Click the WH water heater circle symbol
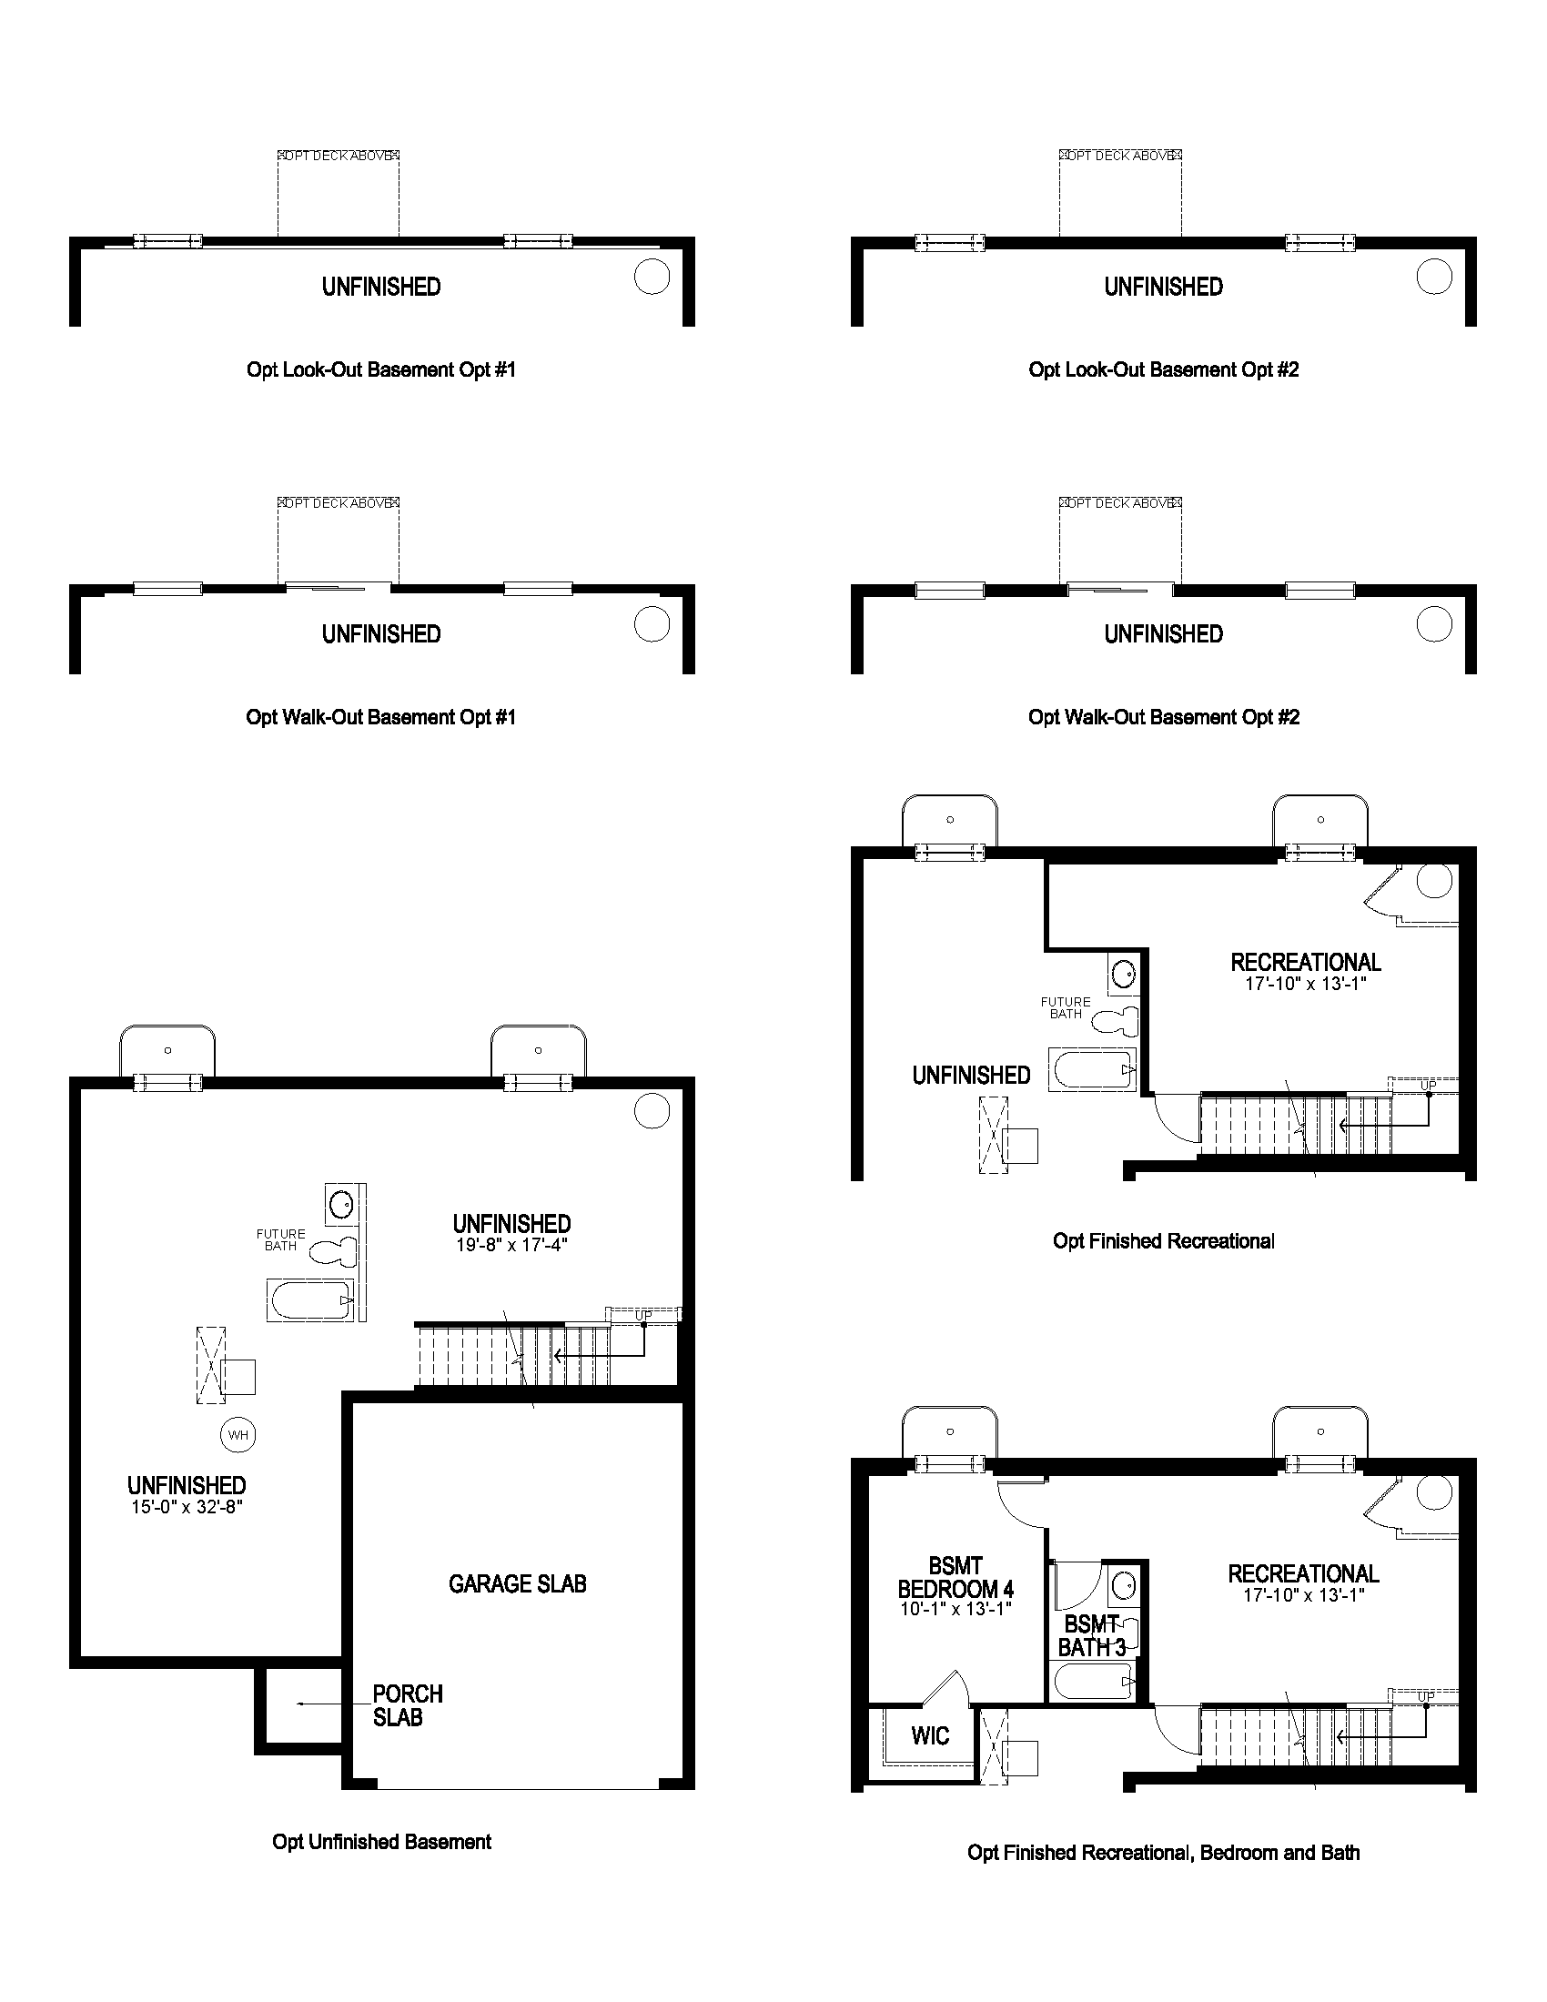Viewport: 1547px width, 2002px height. (x=238, y=1434)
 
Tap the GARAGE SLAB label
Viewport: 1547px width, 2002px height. (x=517, y=1583)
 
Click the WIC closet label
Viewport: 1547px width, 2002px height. (x=929, y=1735)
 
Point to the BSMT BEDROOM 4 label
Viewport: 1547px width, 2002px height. (x=955, y=1578)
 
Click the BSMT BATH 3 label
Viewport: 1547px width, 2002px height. (x=1091, y=1636)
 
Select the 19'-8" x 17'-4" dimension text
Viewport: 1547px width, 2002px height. (x=511, y=1245)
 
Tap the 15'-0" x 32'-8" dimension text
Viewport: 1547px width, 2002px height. (x=186, y=1507)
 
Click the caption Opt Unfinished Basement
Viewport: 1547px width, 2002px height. (x=381, y=1842)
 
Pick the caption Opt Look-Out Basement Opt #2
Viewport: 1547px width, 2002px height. (x=1163, y=369)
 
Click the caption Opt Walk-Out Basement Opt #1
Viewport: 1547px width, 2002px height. (x=380, y=717)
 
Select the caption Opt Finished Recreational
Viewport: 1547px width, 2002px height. (x=1163, y=1241)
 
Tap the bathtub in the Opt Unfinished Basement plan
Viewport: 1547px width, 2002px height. (x=310, y=1299)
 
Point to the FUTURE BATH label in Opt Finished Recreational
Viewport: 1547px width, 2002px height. (x=1065, y=1007)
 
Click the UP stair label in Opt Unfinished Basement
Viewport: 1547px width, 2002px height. (x=643, y=1316)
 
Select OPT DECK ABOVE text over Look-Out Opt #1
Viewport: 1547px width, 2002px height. (x=339, y=156)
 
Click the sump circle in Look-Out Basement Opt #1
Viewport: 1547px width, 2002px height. (x=652, y=276)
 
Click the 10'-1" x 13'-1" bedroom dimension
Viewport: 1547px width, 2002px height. (x=955, y=1609)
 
